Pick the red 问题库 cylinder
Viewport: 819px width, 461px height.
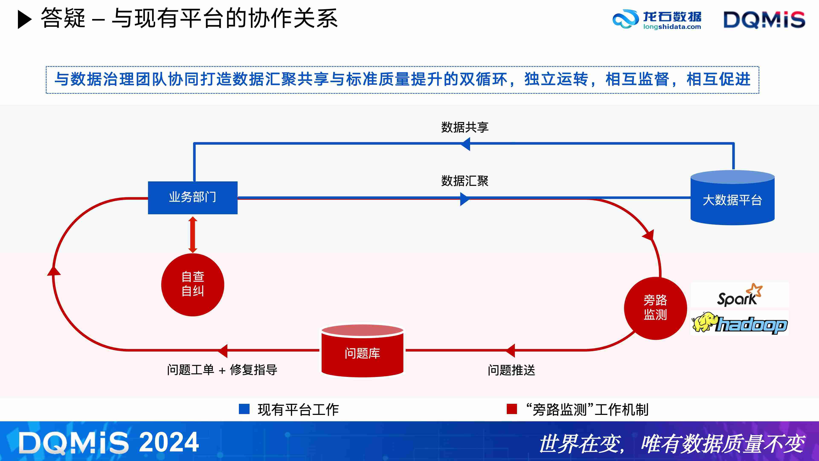(362, 352)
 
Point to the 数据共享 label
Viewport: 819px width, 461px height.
(465, 127)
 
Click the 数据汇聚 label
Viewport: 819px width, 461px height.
(465, 181)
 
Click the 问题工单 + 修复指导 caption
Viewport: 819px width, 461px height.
(222, 370)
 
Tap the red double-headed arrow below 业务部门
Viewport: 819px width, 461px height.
(193, 235)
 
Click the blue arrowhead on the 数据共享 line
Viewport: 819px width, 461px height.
(465, 144)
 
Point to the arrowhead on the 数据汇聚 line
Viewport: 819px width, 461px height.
(465, 199)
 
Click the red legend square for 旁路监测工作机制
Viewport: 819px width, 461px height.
(512, 409)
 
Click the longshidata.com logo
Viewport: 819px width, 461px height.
(657, 19)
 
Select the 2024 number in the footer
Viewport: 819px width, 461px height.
(169, 442)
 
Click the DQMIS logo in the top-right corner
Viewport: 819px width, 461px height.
(764, 19)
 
